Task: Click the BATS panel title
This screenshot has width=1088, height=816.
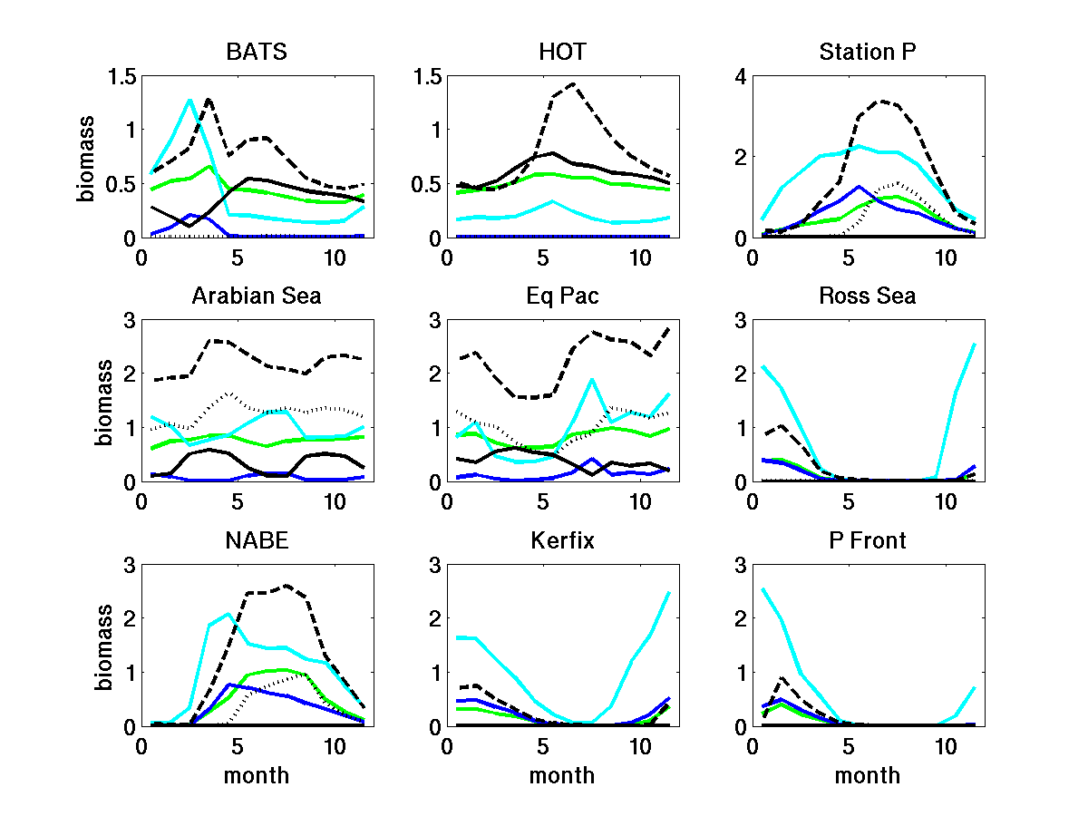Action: click(x=257, y=52)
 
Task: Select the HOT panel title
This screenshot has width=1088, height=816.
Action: click(x=561, y=52)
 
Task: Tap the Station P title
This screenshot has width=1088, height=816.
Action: click(x=868, y=52)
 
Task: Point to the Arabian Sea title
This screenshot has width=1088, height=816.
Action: click(x=257, y=296)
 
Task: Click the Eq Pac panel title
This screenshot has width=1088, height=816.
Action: click(x=561, y=296)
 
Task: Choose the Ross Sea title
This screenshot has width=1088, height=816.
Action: click(x=868, y=296)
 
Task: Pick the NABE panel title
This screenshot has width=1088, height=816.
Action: click(x=257, y=540)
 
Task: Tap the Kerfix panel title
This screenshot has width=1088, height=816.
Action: click(x=561, y=540)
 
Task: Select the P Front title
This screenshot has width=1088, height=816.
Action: click(x=868, y=540)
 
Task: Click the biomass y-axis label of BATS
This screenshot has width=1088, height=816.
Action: click(x=84, y=158)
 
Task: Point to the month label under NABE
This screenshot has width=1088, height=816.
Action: click(x=257, y=775)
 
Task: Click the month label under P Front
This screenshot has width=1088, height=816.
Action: click(x=868, y=775)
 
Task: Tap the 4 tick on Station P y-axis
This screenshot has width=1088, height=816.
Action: click(x=740, y=76)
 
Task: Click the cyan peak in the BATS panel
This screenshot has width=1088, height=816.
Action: click(x=190, y=100)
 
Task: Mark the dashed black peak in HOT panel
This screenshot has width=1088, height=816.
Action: click(x=572, y=83)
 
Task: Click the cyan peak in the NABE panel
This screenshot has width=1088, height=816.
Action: click(x=228, y=614)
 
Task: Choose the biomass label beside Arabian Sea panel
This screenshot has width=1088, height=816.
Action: click(x=105, y=402)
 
